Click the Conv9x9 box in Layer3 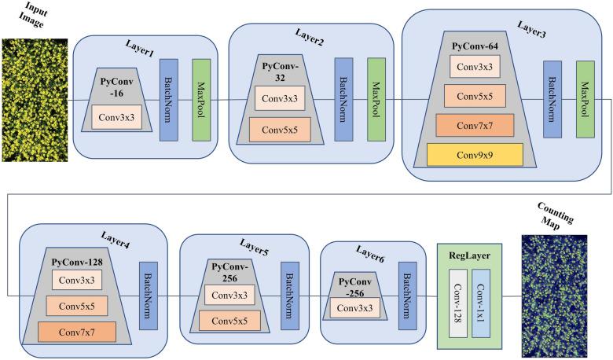point(475,154)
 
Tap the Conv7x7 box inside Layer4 point(76,332)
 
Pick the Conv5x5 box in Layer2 point(280,129)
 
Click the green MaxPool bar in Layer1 point(202,100)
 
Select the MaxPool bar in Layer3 point(585,99)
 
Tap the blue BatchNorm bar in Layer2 point(343,99)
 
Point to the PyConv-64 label point(475,46)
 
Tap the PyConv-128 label point(76,260)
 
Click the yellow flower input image point(34,100)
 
